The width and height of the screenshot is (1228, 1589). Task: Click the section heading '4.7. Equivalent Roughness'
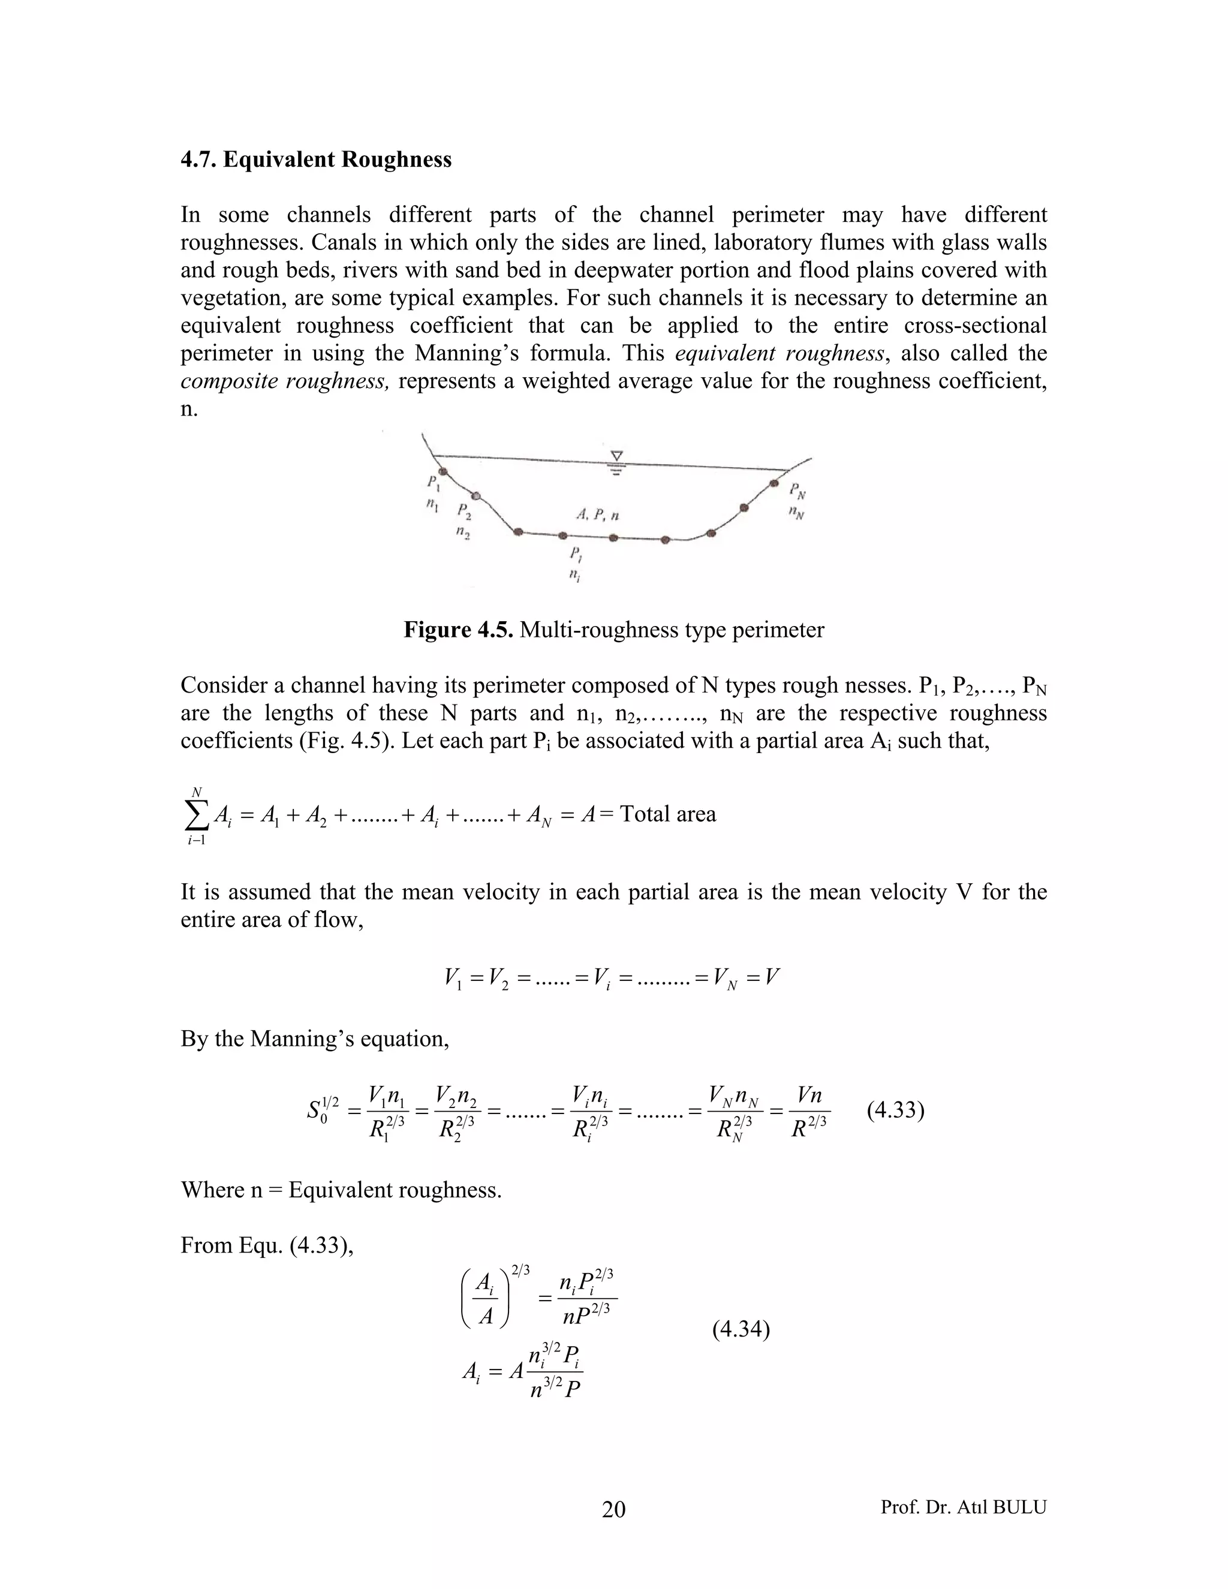tap(316, 159)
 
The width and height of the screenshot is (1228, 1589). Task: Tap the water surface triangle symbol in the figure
tap(617, 457)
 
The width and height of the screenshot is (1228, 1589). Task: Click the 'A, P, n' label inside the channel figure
tap(597, 515)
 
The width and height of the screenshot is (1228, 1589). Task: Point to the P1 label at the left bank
tap(434, 482)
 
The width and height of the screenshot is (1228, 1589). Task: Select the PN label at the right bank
tap(797, 492)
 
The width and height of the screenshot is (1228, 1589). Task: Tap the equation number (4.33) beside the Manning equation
tap(896, 1111)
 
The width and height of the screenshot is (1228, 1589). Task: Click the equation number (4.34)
tap(741, 1329)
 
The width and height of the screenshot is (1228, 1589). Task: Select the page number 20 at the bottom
tap(613, 1510)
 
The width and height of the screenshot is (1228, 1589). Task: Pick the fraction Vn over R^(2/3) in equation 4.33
tap(808, 1112)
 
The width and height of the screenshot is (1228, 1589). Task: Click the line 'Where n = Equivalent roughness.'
tap(341, 1190)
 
